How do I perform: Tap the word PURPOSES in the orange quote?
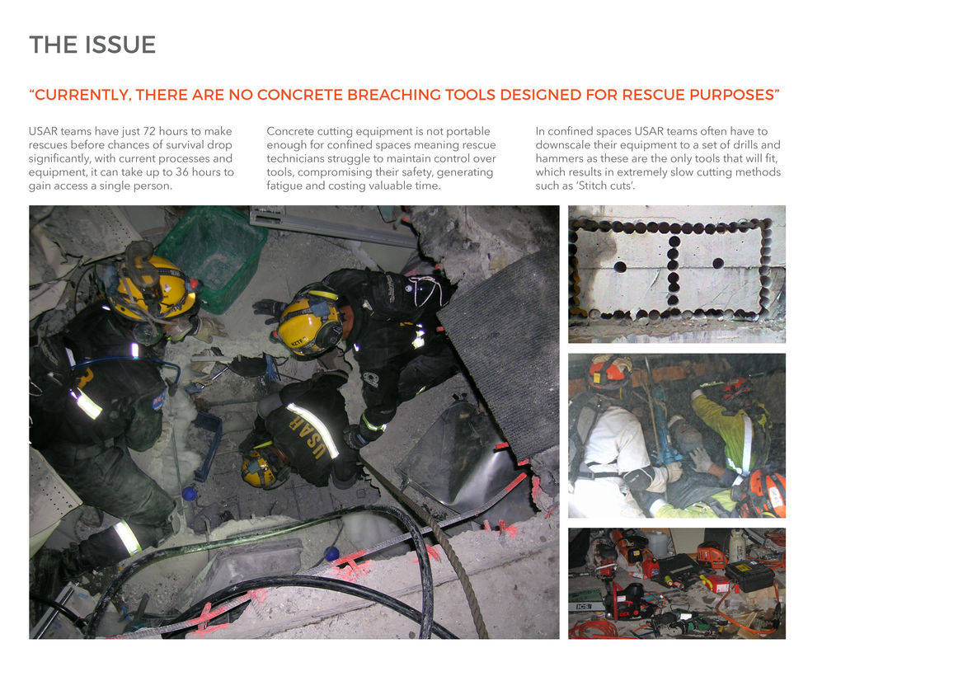coord(732,95)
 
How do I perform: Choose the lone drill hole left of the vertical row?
coord(620,266)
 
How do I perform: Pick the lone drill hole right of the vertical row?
coord(717,263)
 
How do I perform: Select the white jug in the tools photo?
coord(737,544)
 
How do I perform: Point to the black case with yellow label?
coord(749,575)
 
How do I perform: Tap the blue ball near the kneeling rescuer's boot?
coord(189,493)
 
